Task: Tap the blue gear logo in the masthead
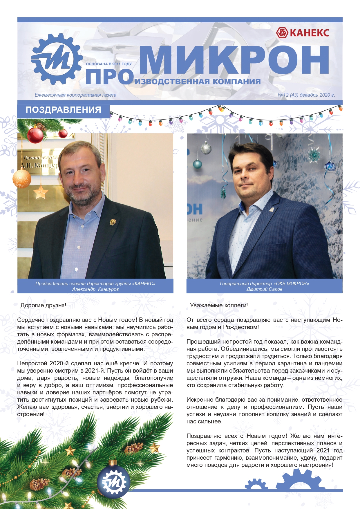pos(57,59)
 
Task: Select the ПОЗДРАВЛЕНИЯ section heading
pos(63,110)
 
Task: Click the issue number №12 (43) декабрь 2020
pos(306,95)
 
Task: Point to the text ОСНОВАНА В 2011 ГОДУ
pos(109,64)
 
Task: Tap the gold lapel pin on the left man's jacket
pos(113,222)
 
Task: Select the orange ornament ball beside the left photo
pos(22,178)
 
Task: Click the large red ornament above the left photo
pos(35,135)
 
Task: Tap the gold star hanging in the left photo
pos(41,192)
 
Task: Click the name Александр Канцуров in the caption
pos(95,289)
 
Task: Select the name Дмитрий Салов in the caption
pos(264,289)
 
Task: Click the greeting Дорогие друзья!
pos(44,305)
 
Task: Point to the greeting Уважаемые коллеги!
pos(219,305)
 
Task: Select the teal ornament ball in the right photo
pos(198,165)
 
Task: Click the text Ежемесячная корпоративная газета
pos(75,95)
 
